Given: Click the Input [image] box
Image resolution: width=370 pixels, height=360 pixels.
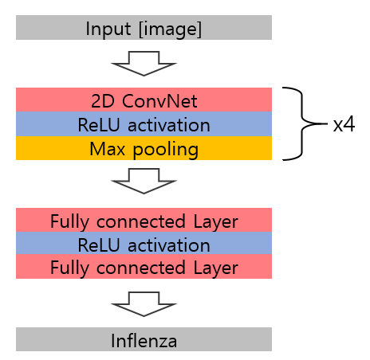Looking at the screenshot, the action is coord(144,28).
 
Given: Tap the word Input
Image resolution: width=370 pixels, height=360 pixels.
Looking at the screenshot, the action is coord(108,29).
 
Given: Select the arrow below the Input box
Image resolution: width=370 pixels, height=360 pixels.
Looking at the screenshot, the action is coord(144,64).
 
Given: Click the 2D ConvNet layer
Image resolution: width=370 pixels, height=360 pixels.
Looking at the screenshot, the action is coord(144,100).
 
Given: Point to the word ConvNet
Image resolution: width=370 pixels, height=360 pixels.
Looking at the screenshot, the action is coord(159,101).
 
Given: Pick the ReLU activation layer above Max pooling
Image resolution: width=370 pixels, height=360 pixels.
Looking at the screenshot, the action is coord(144,123).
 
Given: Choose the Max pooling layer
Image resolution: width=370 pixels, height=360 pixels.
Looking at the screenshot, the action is coord(144,148).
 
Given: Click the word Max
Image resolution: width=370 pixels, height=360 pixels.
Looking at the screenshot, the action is coord(107,149).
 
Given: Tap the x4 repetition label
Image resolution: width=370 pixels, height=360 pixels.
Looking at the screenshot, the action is coord(344,124).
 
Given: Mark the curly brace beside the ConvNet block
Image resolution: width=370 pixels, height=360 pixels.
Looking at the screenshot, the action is coord(302,123).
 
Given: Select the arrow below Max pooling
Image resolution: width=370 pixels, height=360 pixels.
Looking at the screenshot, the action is coord(144,181).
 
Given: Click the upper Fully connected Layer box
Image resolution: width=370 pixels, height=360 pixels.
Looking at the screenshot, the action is coord(144,220).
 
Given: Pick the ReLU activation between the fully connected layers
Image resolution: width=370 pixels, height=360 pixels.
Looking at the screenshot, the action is coord(144,243).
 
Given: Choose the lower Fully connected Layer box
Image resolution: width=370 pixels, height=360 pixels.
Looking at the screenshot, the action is coord(144,267).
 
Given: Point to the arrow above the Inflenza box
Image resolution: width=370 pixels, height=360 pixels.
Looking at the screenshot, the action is coord(144,304).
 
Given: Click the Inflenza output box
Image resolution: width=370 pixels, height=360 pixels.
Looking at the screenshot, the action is coord(144,339).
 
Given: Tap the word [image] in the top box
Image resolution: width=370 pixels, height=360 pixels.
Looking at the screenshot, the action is coord(171,29).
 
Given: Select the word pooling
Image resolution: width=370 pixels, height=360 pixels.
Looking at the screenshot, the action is coord(166,150).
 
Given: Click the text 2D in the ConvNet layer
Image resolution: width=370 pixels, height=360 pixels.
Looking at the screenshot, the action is coord(103,101).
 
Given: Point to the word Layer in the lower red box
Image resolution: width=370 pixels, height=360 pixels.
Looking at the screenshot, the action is coord(215,268).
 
